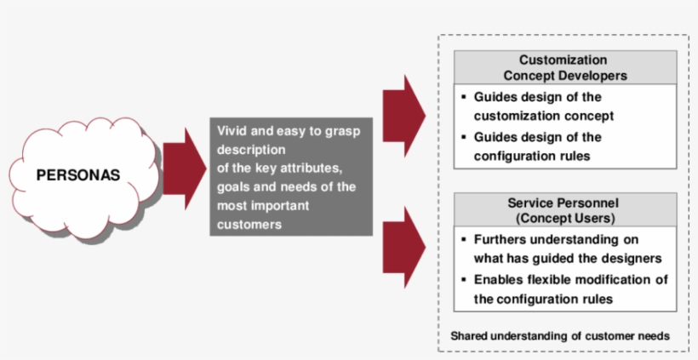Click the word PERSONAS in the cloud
click(77, 176)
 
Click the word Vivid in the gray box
click(232, 131)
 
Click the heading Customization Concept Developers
click(564, 67)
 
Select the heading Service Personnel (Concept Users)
click(564, 211)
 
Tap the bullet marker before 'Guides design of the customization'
click(464, 97)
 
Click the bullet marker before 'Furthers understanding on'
click(464, 241)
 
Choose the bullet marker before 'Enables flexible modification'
click(464, 280)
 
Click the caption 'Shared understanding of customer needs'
click(559, 336)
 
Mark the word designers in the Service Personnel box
click(636, 259)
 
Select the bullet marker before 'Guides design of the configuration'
click(464, 137)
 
